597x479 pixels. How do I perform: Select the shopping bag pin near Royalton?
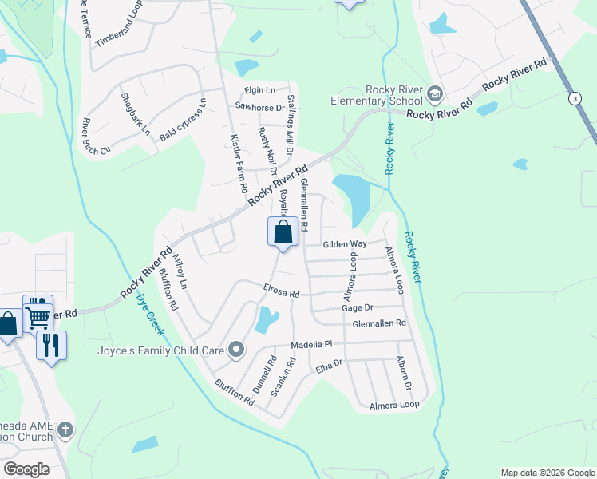coord(283,233)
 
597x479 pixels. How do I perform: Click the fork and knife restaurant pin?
coord(51,345)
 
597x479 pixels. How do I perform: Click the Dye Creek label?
coord(148,311)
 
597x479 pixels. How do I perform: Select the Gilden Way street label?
coord(344,244)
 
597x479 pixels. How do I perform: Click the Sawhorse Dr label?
coord(259,107)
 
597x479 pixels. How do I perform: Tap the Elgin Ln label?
coord(259,90)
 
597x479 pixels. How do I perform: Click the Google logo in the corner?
coord(26,469)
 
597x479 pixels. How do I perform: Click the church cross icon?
coord(65,430)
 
